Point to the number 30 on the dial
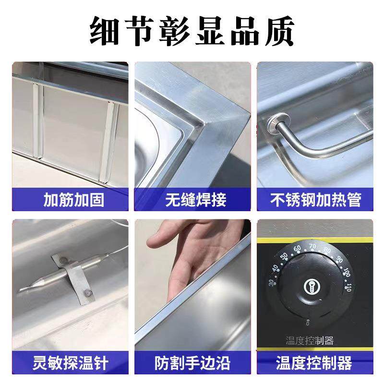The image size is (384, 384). click(273, 283)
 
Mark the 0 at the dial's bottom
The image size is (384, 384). click(307, 324)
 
